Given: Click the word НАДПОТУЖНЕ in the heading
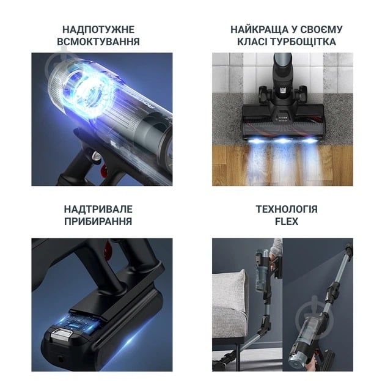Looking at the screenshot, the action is point(98,29).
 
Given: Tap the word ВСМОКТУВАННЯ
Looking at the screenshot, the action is point(98,42).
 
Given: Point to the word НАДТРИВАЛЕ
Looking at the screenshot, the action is point(98,209).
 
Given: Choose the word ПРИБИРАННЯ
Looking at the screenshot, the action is point(98,221).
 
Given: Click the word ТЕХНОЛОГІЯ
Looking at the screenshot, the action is point(287,209).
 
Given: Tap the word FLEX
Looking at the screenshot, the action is point(287,221).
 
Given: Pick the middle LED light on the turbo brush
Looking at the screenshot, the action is point(282,141).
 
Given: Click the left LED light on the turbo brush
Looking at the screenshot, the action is point(255,141).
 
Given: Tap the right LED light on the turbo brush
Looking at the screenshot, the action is point(310,141).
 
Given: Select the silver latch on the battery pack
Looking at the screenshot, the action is point(60,334).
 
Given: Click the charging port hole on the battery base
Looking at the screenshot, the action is point(60,359).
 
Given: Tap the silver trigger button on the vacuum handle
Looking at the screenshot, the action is point(96,156).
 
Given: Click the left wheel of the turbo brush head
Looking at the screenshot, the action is point(264,93).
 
